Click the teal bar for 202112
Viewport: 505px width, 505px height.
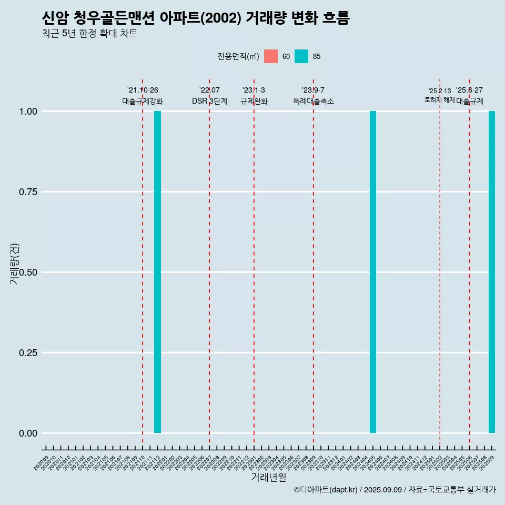(x=157, y=272)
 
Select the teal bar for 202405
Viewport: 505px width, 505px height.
(x=373, y=272)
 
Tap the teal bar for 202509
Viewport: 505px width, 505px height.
(x=492, y=272)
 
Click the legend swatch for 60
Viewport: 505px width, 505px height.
(x=271, y=56)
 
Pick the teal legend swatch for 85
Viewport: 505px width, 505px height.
(x=301, y=56)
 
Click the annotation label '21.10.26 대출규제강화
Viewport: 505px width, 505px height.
(x=143, y=96)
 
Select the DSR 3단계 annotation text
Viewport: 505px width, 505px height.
(x=209, y=101)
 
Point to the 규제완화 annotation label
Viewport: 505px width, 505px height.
(x=254, y=101)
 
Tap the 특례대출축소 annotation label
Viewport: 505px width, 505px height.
(x=314, y=101)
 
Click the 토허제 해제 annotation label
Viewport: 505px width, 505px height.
(x=439, y=99)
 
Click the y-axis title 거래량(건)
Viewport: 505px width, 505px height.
(x=15, y=264)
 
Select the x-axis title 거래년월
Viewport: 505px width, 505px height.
(x=269, y=478)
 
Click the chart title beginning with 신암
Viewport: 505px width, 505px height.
(x=196, y=18)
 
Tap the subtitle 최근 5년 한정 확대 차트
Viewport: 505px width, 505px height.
(x=89, y=34)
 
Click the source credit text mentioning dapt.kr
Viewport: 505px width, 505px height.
(x=395, y=490)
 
